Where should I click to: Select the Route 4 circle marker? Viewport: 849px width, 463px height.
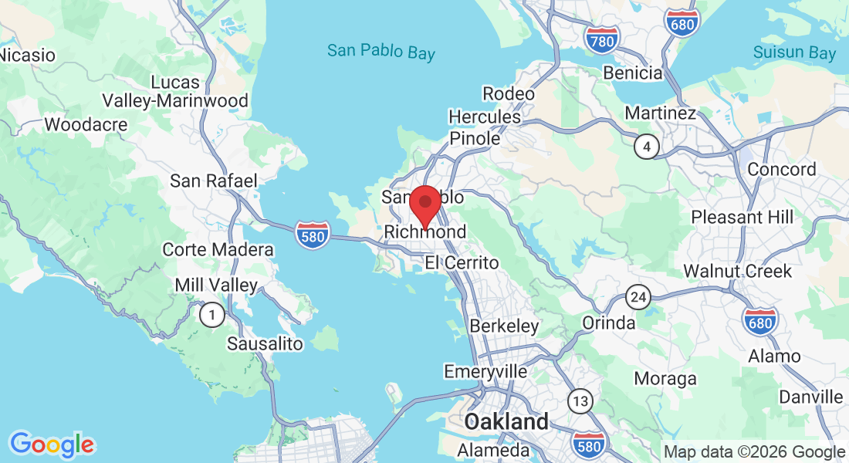[x=647, y=146]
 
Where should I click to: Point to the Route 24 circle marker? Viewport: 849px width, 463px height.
[x=638, y=296]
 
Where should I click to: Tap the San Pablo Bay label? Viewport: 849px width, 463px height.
[x=381, y=52]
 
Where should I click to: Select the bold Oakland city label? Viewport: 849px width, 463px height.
[x=506, y=422]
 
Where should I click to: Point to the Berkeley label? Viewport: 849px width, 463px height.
[x=504, y=326]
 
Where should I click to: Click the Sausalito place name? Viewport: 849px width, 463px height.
[x=265, y=343]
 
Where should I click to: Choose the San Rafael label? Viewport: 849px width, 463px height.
[x=213, y=181]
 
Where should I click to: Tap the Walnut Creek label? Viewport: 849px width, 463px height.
[x=737, y=272]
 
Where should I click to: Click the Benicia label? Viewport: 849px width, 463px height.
[x=633, y=73]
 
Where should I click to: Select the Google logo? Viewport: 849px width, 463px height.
[x=52, y=444]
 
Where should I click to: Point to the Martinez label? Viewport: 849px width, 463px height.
[x=660, y=113]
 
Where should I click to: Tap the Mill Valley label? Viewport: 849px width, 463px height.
[x=216, y=285]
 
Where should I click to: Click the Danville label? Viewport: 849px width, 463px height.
[x=810, y=397]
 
